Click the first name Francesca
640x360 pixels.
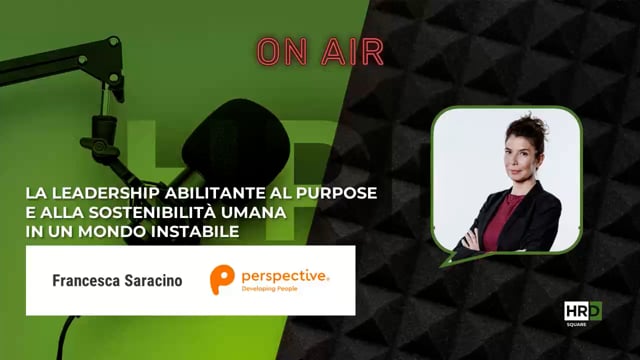point(90,282)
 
